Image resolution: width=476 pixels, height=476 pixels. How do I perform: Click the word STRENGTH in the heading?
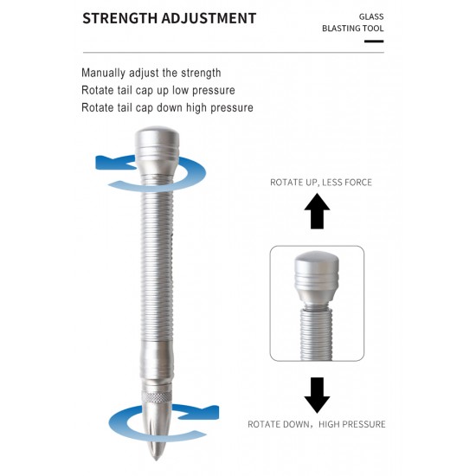tap(120, 18)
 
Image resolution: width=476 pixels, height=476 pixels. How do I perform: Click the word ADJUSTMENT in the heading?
tap(209, 18)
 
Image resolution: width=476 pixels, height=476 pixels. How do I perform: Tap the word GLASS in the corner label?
tap(371, 16)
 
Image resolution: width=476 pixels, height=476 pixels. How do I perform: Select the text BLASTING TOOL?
tap(353, 29)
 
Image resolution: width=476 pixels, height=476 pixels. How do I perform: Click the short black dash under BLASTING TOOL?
tap(374, 42)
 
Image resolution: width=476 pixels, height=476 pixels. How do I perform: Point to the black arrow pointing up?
tap(317, 211)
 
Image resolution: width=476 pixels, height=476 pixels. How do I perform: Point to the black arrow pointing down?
tap(317, 396)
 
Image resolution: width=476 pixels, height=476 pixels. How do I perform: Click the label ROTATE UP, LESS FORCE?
tap(321, 183)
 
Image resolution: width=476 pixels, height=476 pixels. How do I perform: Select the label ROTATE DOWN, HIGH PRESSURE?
tap(317, 424)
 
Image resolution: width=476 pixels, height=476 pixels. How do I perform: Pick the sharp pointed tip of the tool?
tap(156, 460)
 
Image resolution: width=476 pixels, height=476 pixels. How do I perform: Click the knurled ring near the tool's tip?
tap(157, 397)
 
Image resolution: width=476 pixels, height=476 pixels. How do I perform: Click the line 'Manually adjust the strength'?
tap(151, 74)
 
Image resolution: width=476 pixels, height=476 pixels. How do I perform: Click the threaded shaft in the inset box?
tap(316, 333)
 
